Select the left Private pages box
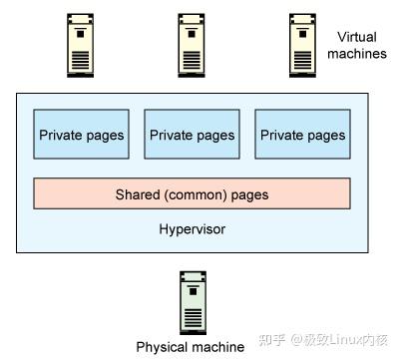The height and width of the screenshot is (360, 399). coord(81,135)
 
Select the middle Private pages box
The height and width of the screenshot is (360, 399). coord(192,135)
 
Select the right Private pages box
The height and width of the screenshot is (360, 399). coord(301,135)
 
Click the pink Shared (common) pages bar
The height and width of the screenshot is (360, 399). coord(192,194)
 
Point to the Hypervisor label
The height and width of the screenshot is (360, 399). coord(192,229)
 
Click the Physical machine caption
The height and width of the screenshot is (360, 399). coord(190,347)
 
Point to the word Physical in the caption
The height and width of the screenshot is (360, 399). coord(162,347)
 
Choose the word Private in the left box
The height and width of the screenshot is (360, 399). coord(61,135)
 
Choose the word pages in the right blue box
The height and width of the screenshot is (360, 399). coord(326,135)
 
